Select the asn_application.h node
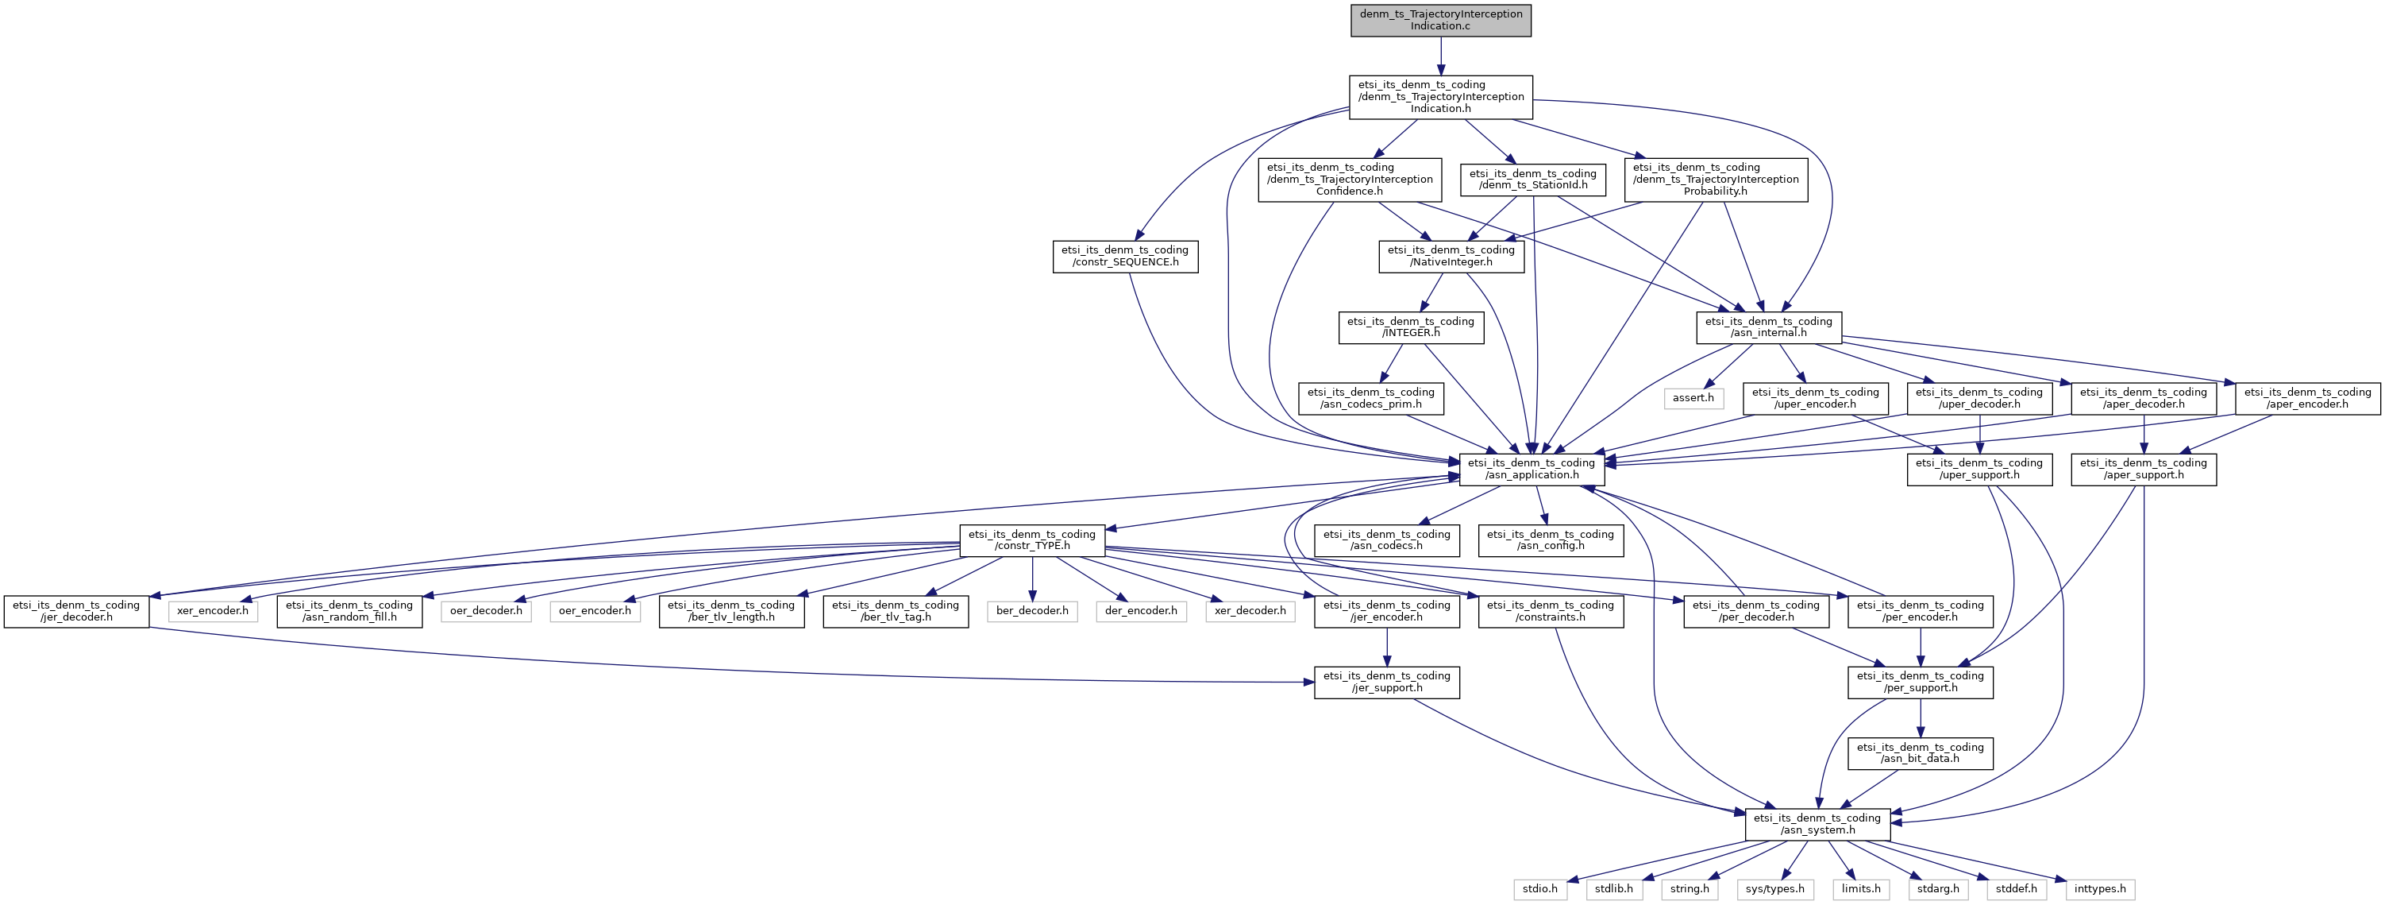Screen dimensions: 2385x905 (x=1532, y=469)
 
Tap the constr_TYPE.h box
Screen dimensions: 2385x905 (x=1032, y=540)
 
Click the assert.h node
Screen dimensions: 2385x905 (x=1693, y=397)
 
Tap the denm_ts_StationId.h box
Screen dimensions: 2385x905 (x=1533, y=180)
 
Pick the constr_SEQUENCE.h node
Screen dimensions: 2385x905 (x=1125, y=256)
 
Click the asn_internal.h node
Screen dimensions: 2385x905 (x=1768, y=327)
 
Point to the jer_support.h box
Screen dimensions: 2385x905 (x=1387, y=682)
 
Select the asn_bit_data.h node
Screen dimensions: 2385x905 (x=1921, y=753)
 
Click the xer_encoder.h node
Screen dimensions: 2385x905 (x=213, y=611)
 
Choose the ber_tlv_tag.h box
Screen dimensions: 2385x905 (x=896, y=611)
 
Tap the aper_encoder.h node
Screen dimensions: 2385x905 (x=2308, y=397)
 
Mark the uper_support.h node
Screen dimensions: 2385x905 (x=1979, y=469)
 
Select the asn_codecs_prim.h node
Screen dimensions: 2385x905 (x=1371, y=397)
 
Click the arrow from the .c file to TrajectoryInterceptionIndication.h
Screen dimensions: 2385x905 (x=1441, y=56)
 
